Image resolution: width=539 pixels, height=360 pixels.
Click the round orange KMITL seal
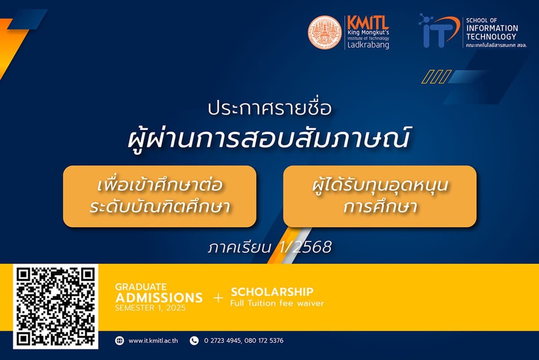coord(324,32)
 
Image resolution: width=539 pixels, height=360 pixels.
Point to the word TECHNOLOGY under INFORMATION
coord(491,36)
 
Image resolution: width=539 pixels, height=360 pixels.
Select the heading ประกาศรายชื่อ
coord(269,109)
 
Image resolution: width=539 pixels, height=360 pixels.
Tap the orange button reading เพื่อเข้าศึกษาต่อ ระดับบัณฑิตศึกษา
coord(159,196)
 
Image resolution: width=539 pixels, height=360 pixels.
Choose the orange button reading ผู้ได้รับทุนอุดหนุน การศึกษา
coord(380,196)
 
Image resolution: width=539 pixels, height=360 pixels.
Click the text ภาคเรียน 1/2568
coord(269,247)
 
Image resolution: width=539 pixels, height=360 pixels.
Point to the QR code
coord(56,307)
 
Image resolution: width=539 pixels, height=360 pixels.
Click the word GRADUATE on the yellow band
coord(141,287)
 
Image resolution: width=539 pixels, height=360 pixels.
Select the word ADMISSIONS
coord(159,298)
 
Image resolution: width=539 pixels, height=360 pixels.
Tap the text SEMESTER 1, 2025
coord(150,308)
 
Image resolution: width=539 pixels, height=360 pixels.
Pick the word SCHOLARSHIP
coord(272,292)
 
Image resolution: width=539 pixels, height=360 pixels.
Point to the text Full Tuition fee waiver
coord(277,303)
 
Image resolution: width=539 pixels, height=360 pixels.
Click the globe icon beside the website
coord(119,341)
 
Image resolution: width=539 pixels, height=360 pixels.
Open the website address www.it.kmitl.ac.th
coord(153,341)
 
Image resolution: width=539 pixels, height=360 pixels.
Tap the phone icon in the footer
coord(194,341)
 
